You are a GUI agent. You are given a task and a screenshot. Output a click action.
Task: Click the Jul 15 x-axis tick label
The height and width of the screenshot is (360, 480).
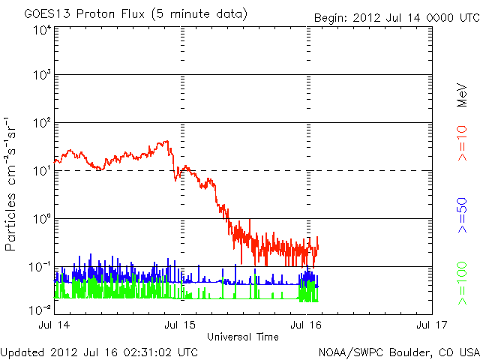181,325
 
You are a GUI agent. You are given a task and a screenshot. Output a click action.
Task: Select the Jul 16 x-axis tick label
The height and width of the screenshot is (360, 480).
306,325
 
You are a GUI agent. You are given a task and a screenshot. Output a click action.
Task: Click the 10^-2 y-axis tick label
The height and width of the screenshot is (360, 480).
39,309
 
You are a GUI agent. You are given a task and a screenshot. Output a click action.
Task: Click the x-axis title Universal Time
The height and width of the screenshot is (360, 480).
243,337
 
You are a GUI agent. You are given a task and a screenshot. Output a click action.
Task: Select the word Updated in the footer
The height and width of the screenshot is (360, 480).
24,352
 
